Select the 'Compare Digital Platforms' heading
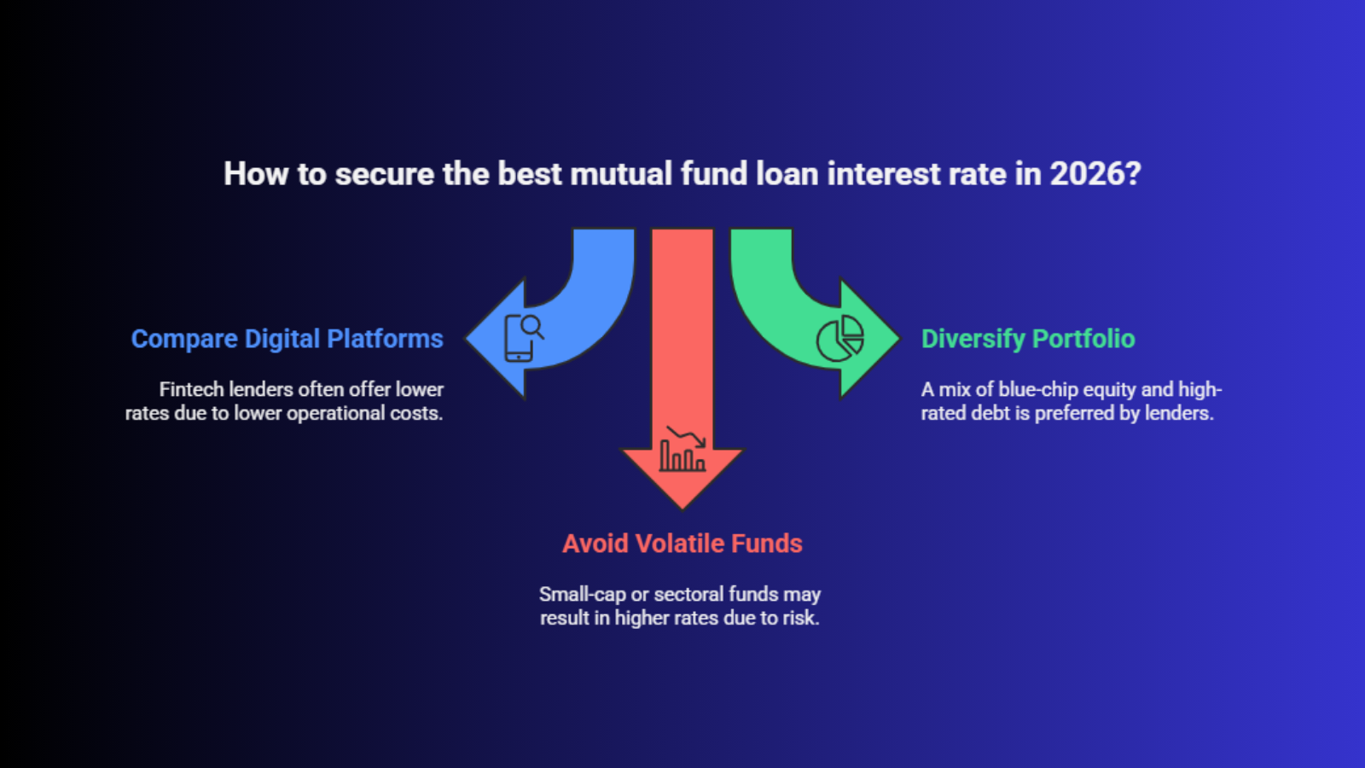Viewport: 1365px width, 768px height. (x=287, y=339)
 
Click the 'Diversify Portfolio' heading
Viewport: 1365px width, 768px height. (x=1028, y=339)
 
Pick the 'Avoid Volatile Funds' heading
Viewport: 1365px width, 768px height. (x=682, y=543)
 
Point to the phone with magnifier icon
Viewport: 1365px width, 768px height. (x=524, y=338)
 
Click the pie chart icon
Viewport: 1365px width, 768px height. (x=839, y=338)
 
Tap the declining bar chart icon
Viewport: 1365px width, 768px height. (x=683, y=449)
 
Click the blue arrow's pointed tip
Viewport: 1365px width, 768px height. (x=467, y=338)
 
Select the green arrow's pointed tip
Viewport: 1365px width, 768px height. (x=899, y=338)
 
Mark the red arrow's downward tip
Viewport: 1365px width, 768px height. (x=682, y=508)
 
